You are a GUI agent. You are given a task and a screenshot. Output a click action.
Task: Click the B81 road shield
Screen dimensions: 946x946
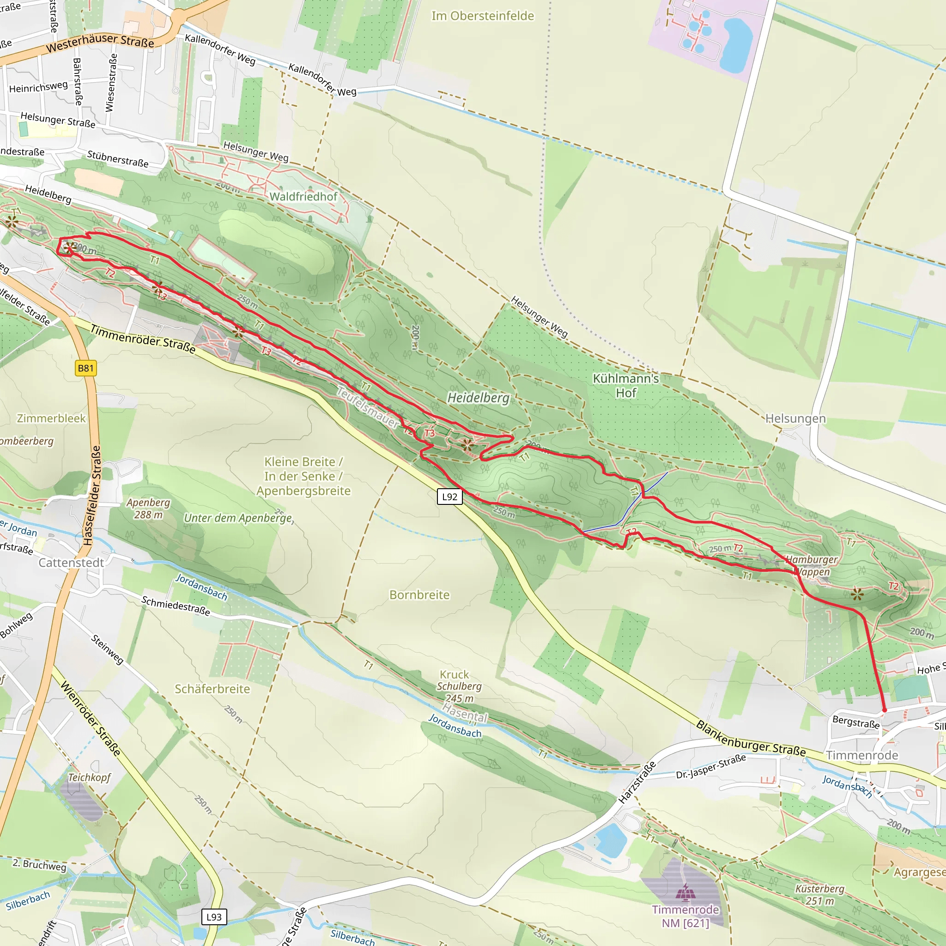click(x=86, y=368)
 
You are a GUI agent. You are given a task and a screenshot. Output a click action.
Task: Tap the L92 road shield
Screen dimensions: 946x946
click(x=449, y=497)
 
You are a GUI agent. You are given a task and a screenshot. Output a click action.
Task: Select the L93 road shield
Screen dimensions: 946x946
click(x=214, y=917)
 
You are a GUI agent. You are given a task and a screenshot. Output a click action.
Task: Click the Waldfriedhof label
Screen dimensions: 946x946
click(x=303, y=197)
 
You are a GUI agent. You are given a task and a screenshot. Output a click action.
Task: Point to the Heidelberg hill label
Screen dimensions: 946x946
click(x=479, y=398)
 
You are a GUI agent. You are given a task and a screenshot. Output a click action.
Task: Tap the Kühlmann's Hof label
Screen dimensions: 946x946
click(x=626, y=386)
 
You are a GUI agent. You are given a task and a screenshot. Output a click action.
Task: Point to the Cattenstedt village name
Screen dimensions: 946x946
click(x=72, y=563)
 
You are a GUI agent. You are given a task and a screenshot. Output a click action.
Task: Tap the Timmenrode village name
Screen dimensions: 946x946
click(x=862, y=756)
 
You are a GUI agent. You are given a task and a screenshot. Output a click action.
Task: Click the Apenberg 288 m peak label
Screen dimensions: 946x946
click(x=148, y=508)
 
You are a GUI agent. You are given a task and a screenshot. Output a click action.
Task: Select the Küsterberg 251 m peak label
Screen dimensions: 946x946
click(x=820, y=895)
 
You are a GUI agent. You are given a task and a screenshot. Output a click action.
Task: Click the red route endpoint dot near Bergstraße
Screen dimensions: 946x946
click(x=884, y=710)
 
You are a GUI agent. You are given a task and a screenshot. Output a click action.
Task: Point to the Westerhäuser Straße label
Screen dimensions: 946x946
click(x=100, y=43)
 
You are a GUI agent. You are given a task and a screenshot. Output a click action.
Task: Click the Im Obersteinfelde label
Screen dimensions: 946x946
click(x=482, y=16)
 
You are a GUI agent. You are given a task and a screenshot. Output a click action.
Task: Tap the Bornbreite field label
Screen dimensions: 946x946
click(x=419, y=595)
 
